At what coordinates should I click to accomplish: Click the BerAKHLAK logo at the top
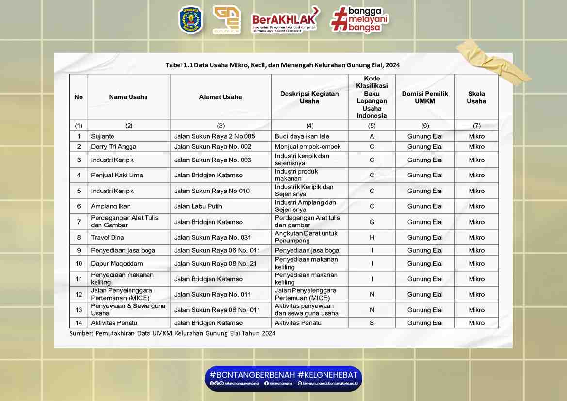(x=285, y=20)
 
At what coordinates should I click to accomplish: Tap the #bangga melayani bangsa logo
(x=359, y=20)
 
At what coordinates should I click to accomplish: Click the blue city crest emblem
(x=191, y=20)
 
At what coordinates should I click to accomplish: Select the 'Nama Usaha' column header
(x=128, y=97)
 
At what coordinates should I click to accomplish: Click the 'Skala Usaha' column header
(x=476, y=97)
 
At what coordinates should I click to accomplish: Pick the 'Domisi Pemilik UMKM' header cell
(x=425, y=97)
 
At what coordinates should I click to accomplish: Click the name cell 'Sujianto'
(x=102, y=136)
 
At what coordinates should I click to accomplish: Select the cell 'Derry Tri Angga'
(x=113, y=147)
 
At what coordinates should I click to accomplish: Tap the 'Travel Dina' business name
(x=107, y=237)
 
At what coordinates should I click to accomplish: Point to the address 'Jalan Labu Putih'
(x=198, y=206)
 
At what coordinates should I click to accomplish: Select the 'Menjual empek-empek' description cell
(x=308, y=147)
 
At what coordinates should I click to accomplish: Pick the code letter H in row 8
(x=372, y=237)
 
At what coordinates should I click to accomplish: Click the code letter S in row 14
(x=372, y=323)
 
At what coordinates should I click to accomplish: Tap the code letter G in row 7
(x=372, y=222)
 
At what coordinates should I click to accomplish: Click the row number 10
(x=79, y=264)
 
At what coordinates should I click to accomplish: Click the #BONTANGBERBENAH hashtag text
(x=251, y=375)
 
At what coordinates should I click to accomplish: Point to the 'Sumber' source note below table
(x=172, y=333)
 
